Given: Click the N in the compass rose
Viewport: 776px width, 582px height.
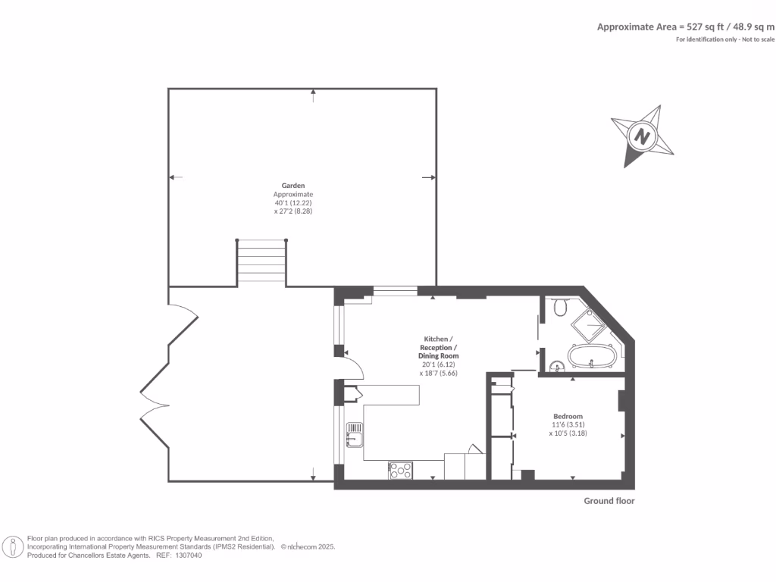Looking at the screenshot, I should [x=643, y=137].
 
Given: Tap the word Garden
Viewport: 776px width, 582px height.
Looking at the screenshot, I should [x=293, y=185].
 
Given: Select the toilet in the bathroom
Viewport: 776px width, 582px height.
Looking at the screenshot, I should [x=561, y=307].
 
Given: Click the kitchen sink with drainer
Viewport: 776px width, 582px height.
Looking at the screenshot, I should [x=353, y=435].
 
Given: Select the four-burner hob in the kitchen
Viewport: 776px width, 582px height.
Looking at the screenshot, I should [x=400, y=470].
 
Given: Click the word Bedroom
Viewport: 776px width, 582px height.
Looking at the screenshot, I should [x=568, y=416].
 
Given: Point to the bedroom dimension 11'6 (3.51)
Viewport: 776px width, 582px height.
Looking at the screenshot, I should [x=568, y=425].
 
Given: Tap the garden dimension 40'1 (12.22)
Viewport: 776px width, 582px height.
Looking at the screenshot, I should [x=293, y=203].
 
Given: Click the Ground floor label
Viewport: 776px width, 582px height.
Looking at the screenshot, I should [x=609, y=501].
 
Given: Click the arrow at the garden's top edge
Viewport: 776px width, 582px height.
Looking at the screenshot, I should [x=314, y=93].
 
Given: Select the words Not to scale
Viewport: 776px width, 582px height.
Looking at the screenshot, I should [x=758, y=39].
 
